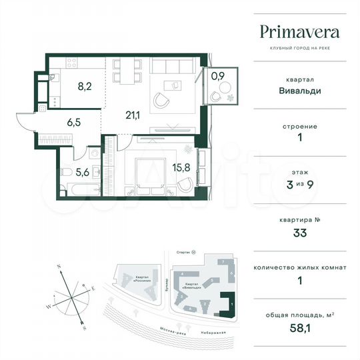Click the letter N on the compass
click(x=59, y=266)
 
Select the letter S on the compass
click(x=84, y=329)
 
